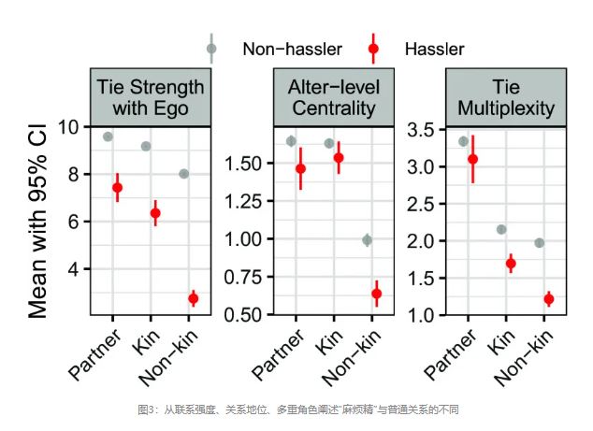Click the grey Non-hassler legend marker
[211, 48]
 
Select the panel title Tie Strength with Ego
[151, 97]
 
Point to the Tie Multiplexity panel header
[506, 97]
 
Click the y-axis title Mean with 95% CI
[38, 221]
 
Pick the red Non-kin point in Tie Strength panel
[193, 298]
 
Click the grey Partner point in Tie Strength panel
[108, 136]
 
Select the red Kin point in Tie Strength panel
[155, 213]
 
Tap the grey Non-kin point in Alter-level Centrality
[367, 240]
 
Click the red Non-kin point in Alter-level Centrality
[376, 294]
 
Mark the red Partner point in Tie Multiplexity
[472, 159]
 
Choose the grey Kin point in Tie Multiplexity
[501, 229]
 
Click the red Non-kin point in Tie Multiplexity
[549, 299]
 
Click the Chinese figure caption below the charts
[296, 409]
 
